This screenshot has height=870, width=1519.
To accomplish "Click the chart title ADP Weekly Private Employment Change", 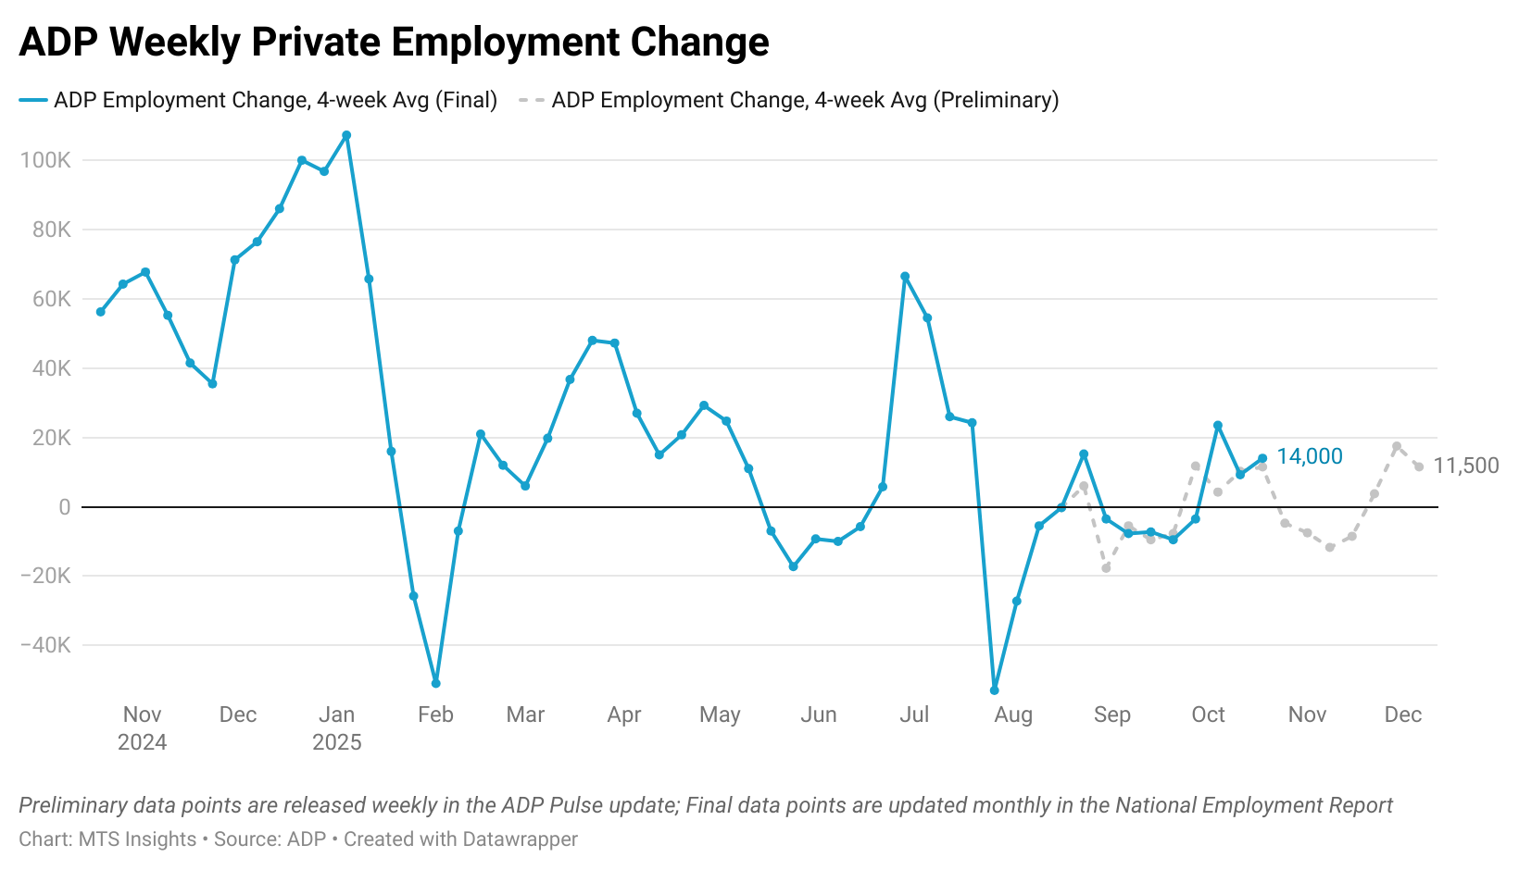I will point(394,43).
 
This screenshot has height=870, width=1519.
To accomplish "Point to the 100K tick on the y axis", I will point(45,160).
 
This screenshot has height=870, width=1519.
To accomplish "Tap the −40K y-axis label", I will point(45,645).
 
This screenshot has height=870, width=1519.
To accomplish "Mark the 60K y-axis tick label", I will point(51,299).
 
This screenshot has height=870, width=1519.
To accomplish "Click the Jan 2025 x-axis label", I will point(336,728).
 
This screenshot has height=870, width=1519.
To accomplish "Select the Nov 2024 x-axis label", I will point(142,728).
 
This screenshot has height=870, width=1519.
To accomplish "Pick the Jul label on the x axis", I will point(914,715).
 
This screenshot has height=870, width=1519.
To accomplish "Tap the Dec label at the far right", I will point(1402,715).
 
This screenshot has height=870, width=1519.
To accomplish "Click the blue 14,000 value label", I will point(1309,456).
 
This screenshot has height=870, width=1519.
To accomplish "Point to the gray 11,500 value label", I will point(1465,466).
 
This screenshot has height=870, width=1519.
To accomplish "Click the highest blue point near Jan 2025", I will point(346,135).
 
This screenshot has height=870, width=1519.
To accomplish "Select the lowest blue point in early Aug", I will point(995,690).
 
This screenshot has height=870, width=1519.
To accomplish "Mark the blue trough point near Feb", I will point(436,683).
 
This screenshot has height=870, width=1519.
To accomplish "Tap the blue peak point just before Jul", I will point(905,277).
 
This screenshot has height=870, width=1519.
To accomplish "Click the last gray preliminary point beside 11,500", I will point(1419,466).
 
